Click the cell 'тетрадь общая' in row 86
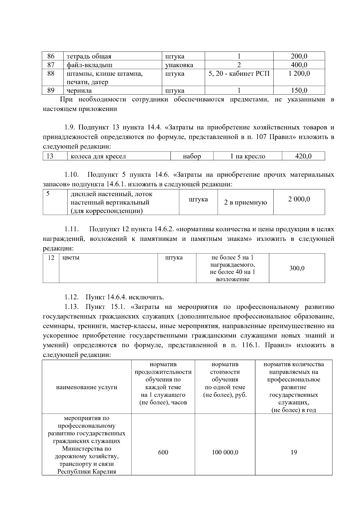point(89,56)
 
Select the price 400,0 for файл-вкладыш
point(299,65)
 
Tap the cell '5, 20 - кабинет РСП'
point(239,73)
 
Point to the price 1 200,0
point(299,73)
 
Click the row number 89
point(51,90)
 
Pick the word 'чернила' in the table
point(79,91)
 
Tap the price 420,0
point(303,156)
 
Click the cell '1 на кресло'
point(247,156)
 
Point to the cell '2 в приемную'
point(245,202)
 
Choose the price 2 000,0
point(299,199)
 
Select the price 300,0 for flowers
point(297,268)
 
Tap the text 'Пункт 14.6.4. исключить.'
point(125,297)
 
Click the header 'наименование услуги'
point(86,387)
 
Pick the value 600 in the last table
point(163,452)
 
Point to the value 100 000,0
point(225,452)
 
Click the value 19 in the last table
point(293,452)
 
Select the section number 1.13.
point(71,307)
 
